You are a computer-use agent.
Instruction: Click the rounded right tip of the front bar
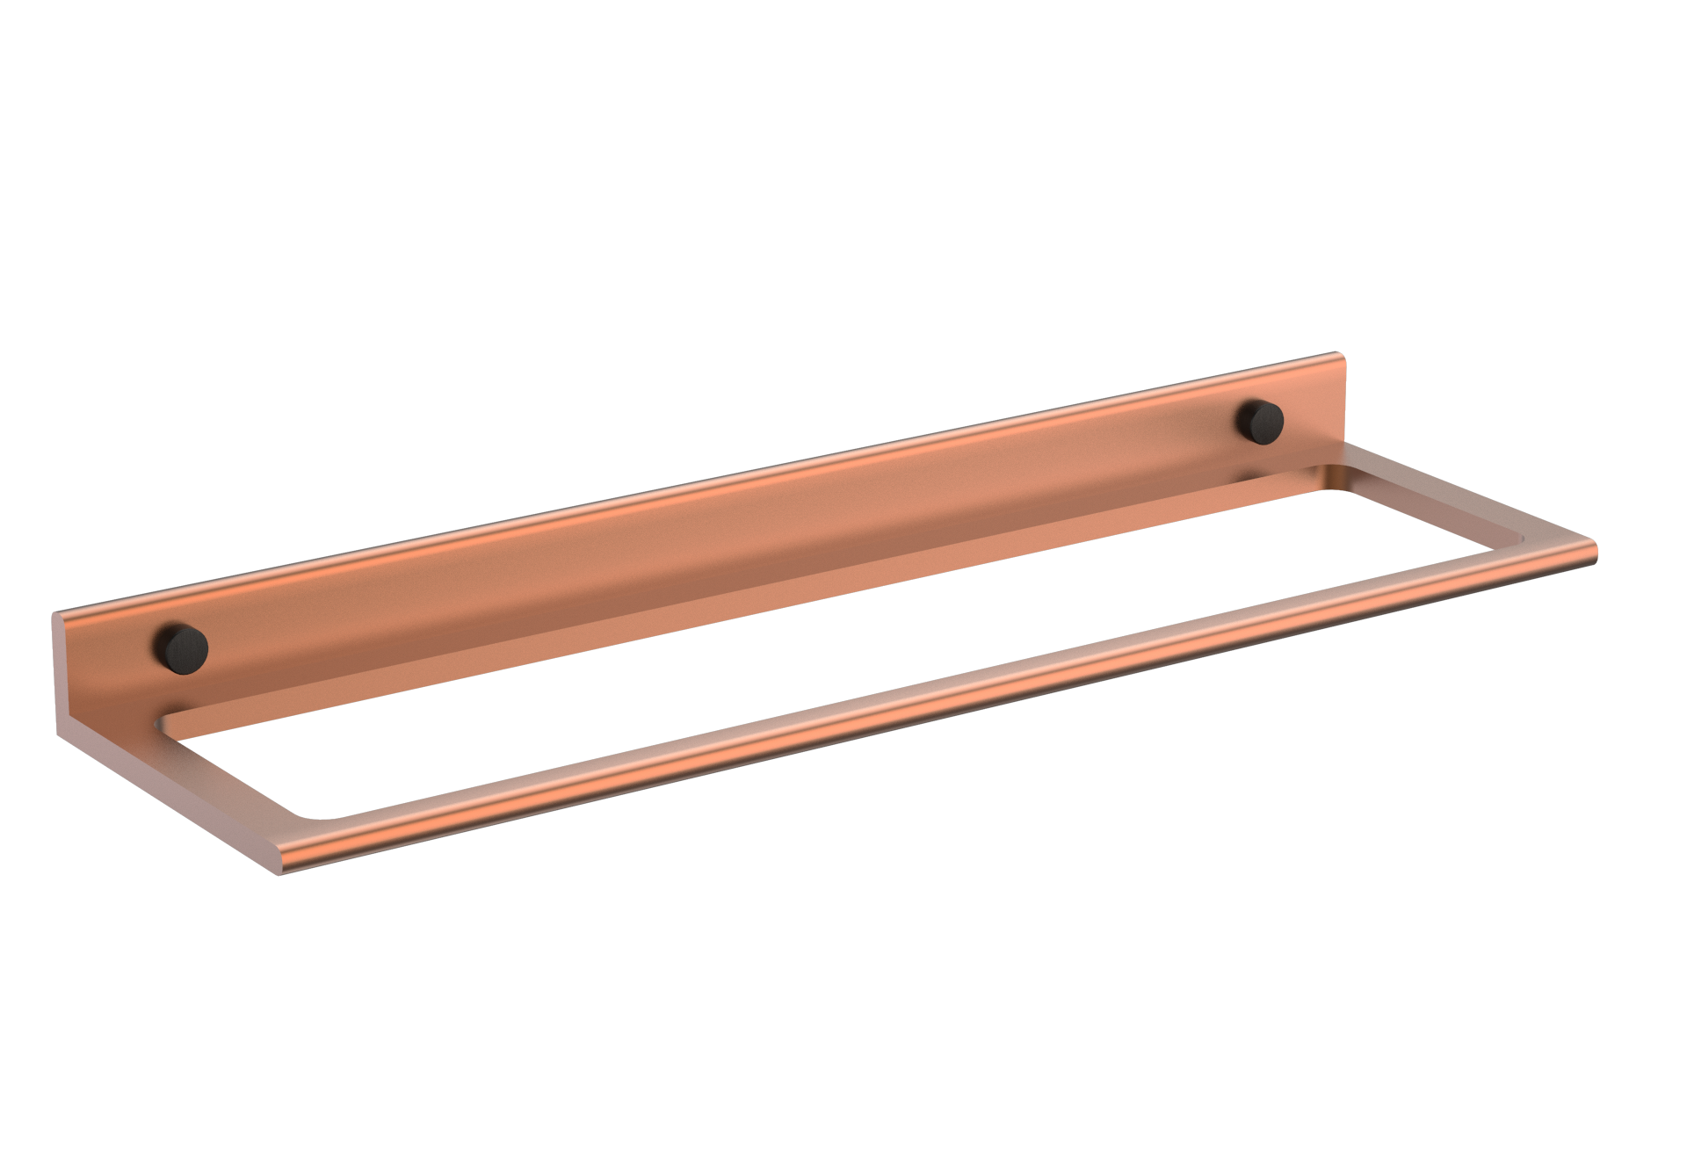1592,553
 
